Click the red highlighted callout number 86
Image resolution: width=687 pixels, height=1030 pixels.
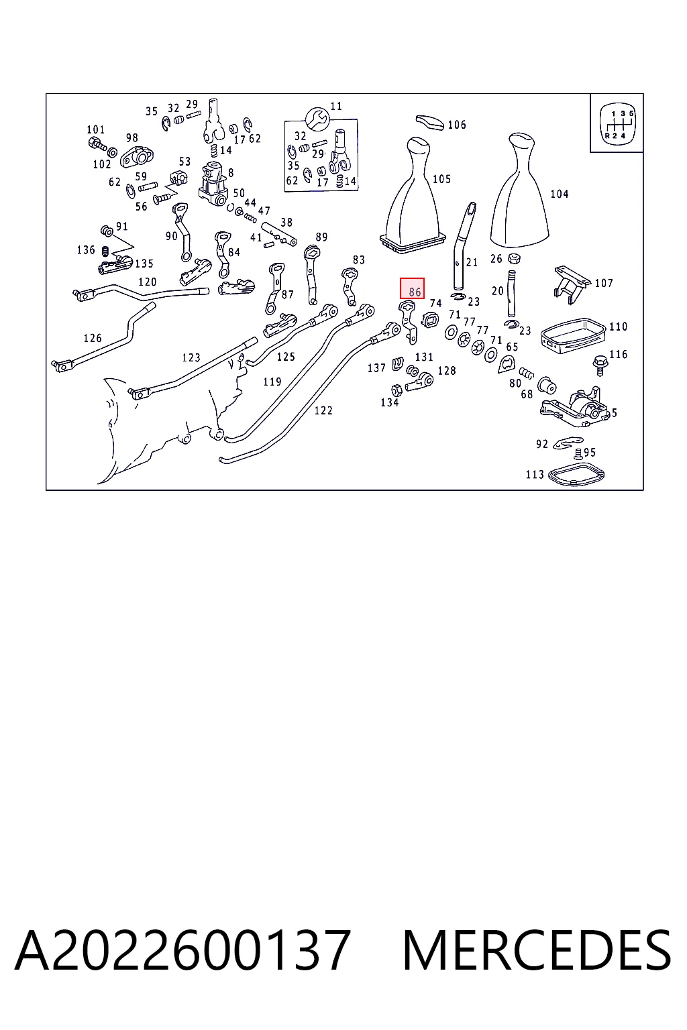[412, 288]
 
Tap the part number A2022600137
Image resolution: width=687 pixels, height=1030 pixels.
[182, 951]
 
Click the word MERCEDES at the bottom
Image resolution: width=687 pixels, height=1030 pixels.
[537, 951]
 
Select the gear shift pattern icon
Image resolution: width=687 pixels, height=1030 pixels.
[616, 123]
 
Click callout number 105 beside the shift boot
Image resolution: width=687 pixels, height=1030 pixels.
[441, 179]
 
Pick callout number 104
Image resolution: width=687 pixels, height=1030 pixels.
[560, 194]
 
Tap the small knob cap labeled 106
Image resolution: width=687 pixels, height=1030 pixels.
[429, 122]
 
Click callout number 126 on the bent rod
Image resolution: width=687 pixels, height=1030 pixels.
[93, 338]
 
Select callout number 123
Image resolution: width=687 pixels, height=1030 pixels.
[191, 357]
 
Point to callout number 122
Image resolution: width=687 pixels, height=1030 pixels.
[323, 410]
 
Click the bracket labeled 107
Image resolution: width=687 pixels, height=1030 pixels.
[572, 284]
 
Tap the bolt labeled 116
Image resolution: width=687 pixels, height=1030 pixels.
[600, 365]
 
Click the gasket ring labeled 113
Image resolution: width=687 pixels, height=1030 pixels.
[576, 473]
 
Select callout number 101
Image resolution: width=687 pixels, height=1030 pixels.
[96, 129]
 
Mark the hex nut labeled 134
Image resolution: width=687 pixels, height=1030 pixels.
[397, 390]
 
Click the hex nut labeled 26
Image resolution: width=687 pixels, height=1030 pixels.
[514, 258]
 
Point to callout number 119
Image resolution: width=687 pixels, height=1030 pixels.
[272, 382]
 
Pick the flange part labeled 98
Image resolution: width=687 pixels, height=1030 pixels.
[136, 156]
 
